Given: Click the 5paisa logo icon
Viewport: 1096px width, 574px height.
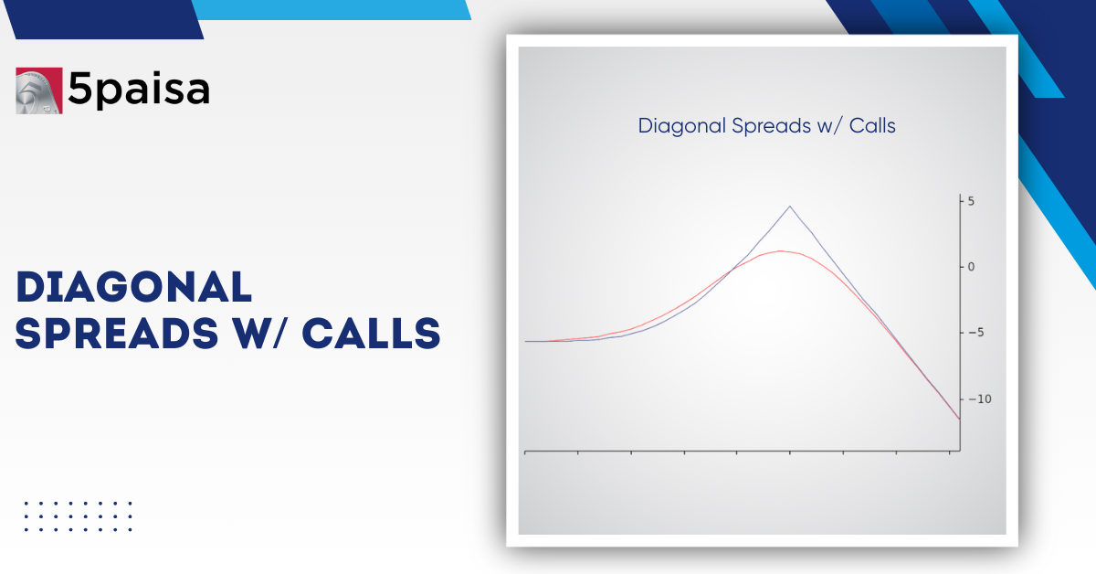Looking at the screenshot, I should tap(38, 90).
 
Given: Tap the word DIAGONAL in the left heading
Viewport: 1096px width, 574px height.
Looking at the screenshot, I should tap(134, 288).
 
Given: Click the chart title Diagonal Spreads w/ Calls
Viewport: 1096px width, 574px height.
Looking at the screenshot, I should tap(766, 126).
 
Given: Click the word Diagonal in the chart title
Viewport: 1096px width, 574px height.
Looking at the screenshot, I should tap(681, 126).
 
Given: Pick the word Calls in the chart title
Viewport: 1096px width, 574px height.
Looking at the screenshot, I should tap(872, 126).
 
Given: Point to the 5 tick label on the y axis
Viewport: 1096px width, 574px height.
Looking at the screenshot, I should tap(972, 201).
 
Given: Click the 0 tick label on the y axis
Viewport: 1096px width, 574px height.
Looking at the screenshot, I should tap(972, 267).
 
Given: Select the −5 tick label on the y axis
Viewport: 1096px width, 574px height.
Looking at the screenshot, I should tap(975, 333).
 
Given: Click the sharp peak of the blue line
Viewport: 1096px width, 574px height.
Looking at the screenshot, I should tap(790, 207).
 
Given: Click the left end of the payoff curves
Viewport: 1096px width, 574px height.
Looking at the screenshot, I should tap(526, 341).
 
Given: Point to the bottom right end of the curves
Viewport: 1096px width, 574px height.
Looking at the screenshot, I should tap(959, 419).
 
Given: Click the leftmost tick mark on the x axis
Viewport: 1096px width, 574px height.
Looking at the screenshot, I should tap(525, 452).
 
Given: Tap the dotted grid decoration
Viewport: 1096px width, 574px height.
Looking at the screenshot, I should tap(79, 516).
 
